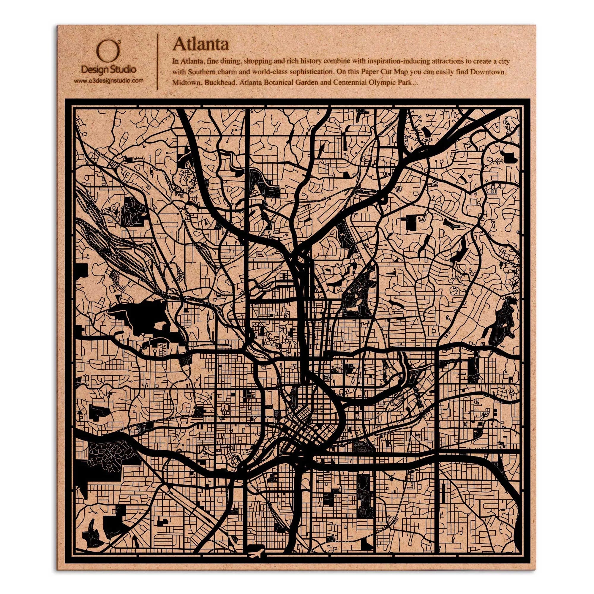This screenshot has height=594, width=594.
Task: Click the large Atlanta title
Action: pos(200,45)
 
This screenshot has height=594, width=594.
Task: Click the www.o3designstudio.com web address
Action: pos(108,81)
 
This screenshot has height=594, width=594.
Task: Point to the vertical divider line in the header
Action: pos(157,61)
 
